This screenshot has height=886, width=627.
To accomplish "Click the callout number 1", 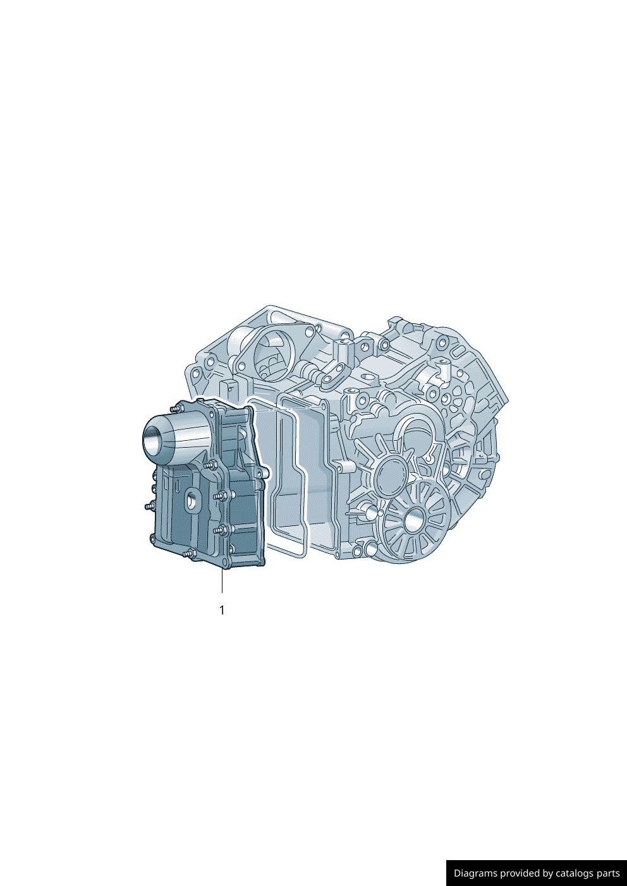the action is (x=222, y=610).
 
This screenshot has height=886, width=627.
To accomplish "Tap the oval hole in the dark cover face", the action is (x=192, y=500).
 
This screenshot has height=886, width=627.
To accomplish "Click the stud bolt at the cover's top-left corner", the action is (x=174, y=408).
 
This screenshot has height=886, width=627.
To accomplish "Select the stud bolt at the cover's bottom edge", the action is (x=190, y=554).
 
